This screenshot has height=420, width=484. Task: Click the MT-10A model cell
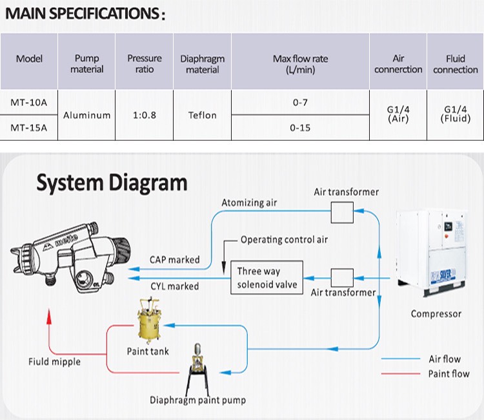(x=29, y=102)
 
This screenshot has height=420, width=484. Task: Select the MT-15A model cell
(x=29, y=127)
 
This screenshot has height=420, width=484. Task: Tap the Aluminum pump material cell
(x=87, y=115)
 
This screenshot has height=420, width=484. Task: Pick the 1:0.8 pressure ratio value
(x=145, y=115)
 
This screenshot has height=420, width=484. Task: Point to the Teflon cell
(x=203, y=115)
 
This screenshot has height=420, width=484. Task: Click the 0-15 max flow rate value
(x=300, y=128)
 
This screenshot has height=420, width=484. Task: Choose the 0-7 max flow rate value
(x=300, y=102)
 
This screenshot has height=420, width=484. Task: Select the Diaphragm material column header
(x=203, y=64)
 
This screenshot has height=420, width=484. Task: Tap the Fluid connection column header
(x=456, y=64)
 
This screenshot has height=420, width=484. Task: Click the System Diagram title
(x=112, y=183)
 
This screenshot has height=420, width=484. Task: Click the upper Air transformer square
(x=341, y=211)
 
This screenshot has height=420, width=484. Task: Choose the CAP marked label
(x=174, y=260)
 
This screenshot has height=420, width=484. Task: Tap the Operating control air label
(x=284, y=240)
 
